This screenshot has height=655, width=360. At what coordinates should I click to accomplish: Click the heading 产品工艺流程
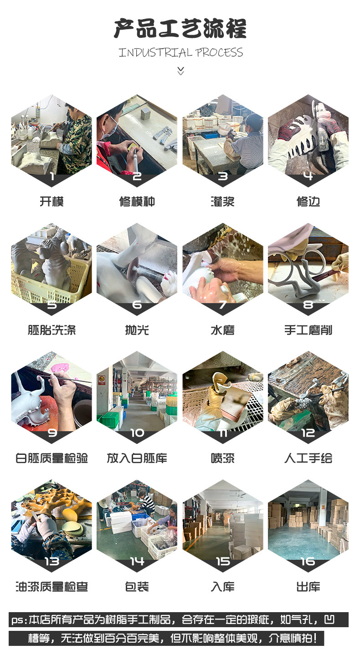pos(180,28)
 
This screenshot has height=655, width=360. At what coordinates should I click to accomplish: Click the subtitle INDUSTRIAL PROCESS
pos(181,52)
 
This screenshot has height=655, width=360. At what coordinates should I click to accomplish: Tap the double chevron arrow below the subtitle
pos(181,71)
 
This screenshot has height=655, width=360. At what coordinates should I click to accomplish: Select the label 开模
pos(51,201)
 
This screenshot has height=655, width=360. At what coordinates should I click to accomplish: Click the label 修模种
pos(137,201)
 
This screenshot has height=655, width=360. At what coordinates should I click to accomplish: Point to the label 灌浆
pos(222,201)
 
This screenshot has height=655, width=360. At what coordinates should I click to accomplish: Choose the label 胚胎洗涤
pos(51,330)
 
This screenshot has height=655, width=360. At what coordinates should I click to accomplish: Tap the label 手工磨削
pos(308,330)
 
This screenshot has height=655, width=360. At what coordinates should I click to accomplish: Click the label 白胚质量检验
pos(51,458)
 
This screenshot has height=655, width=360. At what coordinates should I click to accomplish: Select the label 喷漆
pos(222,458)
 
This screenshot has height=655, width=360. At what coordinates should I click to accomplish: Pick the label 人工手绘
pos(308,458)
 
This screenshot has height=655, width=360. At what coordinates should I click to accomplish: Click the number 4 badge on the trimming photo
pos(308,176)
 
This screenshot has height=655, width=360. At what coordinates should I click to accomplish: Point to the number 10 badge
pos(137,433)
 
